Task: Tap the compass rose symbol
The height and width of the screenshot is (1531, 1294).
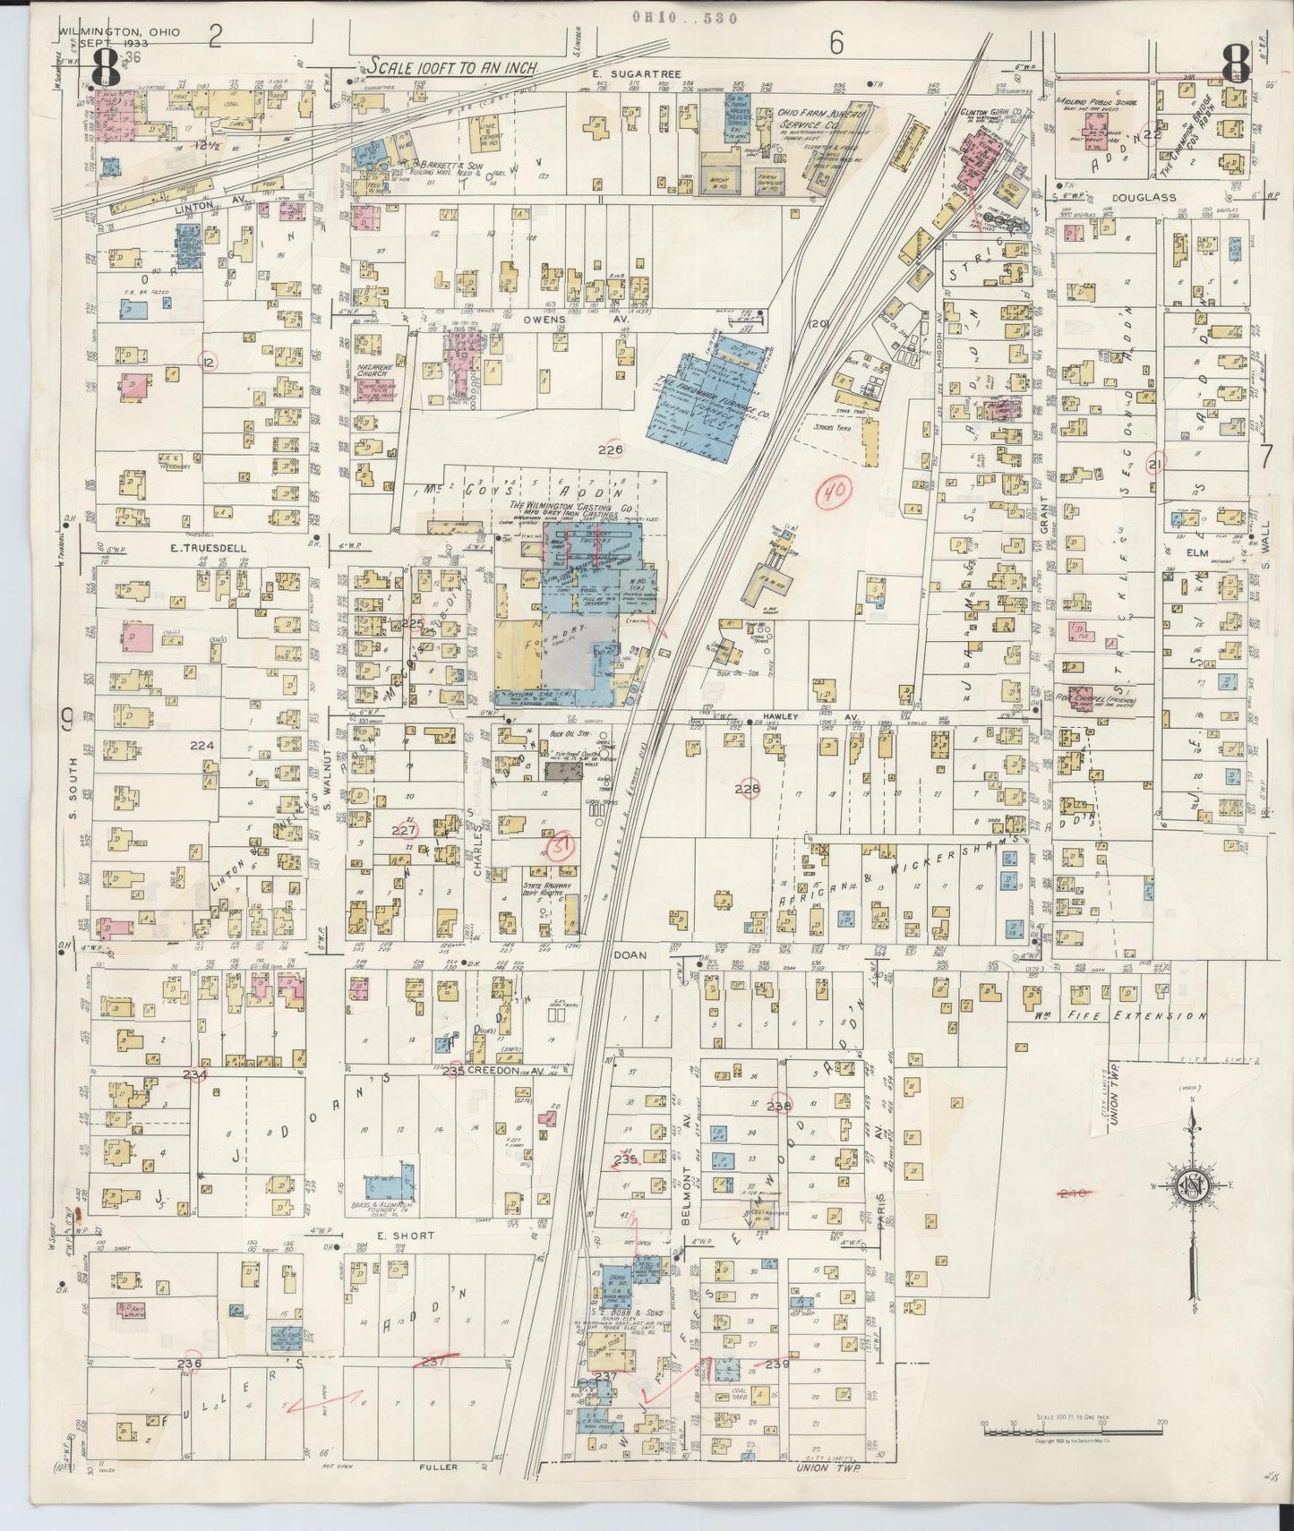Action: click(x=1192, y=1187)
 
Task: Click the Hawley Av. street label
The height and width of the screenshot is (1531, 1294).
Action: click(x=791, y=717)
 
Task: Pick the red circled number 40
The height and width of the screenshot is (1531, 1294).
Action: click(x=836, y=491)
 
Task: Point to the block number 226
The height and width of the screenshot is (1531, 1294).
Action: click(x=612, y=449)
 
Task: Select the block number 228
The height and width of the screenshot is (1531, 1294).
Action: click(x=746, y=789)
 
